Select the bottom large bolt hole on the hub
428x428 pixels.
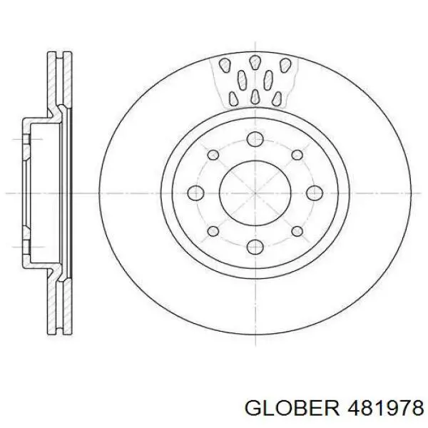[255, 246]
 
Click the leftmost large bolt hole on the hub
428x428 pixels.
[195, 192]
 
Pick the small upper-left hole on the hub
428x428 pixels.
[213, 153]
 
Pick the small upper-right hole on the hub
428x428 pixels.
[296, 153]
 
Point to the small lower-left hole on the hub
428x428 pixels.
[213, 230]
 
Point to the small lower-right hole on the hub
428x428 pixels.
[296, 230]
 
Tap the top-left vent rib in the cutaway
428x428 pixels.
[225, 65]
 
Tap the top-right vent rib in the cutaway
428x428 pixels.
[285, 65]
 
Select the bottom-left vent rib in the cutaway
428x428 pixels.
[233, 96]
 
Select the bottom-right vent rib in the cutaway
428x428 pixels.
[277, 96]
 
